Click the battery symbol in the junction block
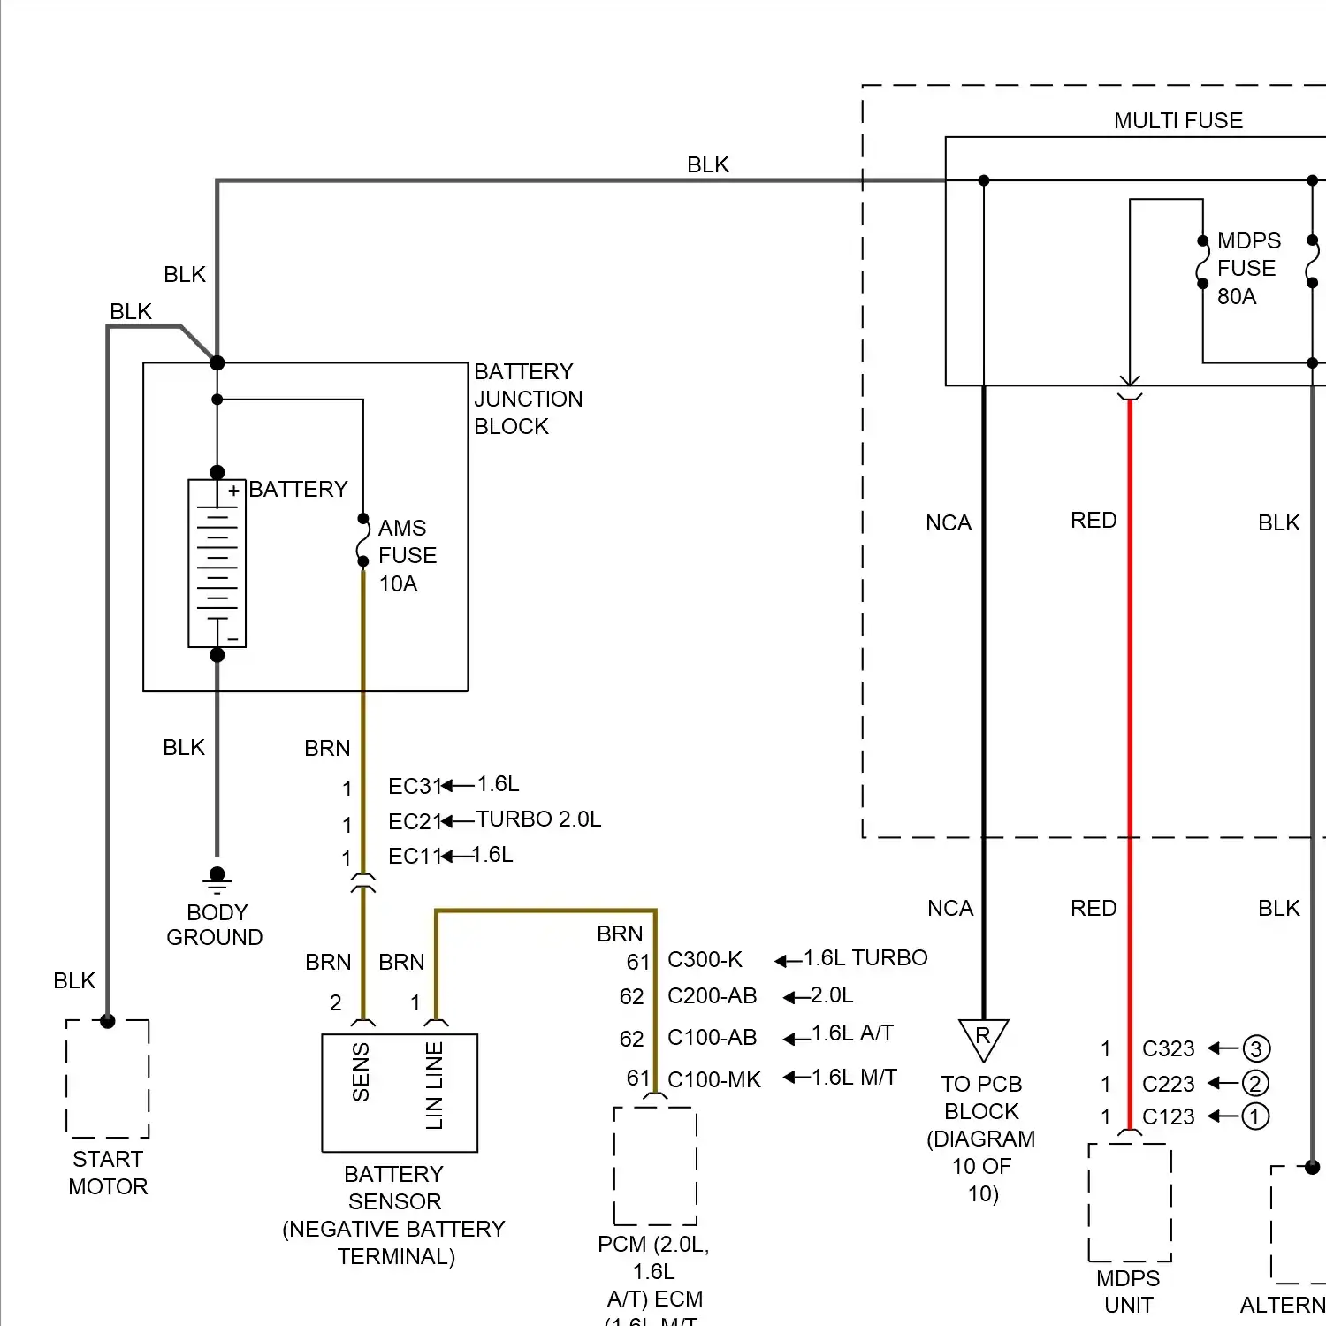pos(217,563)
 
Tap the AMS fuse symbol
pos(362,540)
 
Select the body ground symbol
pos(217,881)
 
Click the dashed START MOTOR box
pos(108,1078)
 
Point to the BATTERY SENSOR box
pos(400,1093)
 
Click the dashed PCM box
pos(655,1165)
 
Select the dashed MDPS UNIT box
pos(1130,1202)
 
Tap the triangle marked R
pos(983,1039)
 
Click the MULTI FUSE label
pos(1177,120)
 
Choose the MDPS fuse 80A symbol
pos(1202,262)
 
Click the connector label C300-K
pos(705,960)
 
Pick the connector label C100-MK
pos(713,1079)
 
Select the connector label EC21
pos(414,821)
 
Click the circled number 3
pos(1256,1048)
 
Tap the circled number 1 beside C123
pos(1255,1116)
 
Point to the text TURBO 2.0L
pos(538,819)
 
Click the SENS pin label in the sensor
pos(361,1072)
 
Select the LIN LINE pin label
pos(434,1086)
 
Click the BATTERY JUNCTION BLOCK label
pos(528,399)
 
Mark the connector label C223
pos(1168,1084)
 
